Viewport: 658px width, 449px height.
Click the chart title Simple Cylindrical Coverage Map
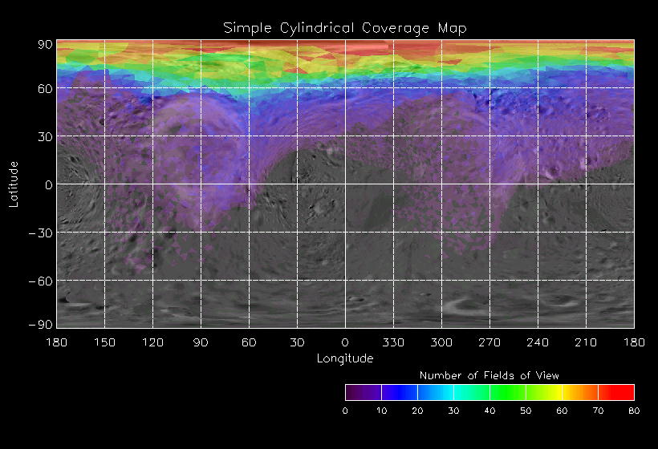345,28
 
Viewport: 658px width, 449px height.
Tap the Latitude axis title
14,184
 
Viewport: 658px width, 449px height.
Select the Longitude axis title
345,358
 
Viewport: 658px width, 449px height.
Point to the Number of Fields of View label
489,375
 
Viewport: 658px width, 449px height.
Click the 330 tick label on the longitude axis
393,342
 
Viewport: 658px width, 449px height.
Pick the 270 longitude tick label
489,342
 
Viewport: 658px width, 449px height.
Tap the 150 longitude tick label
104,342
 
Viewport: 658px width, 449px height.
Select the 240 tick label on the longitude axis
538,342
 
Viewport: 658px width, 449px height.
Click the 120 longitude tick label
152,342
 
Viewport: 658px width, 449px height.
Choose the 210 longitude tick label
586,342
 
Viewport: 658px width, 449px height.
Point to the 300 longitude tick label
441,342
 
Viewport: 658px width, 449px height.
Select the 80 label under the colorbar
634,411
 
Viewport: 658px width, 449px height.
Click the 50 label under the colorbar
526,411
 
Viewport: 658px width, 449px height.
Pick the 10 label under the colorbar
381,411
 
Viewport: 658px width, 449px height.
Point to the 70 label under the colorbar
598,411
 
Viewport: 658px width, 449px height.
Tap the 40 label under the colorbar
489,411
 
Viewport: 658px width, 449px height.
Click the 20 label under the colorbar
417,411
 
